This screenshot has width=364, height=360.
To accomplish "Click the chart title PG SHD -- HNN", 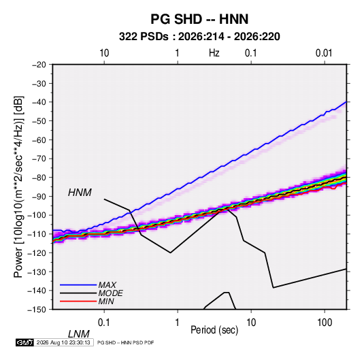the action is pos(199,19).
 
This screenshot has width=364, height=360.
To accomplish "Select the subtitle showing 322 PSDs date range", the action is pos(199,37).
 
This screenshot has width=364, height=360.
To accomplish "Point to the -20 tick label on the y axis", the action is pos(39,65).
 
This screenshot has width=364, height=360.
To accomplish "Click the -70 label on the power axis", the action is pos(39,159).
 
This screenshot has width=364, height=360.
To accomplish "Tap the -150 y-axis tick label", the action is pos(37,310).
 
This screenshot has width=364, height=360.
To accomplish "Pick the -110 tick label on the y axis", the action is pos(37,234).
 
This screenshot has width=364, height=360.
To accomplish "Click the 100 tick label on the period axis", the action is pos(325,323).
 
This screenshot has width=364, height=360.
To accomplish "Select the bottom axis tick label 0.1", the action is pos(104,323).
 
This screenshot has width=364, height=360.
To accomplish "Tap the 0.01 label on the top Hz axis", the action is pos(324,53).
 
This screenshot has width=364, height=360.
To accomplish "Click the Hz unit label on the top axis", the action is pos(214,53).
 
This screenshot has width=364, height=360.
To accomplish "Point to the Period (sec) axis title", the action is pos(214,330).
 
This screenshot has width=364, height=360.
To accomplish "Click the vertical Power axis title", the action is pos(18,187).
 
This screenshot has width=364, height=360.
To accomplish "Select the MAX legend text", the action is pos(107,285).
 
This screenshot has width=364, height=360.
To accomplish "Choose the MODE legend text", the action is pos(110,293).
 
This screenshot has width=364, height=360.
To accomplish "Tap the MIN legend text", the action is pos(106,301).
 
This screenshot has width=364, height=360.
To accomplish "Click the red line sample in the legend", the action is pos(78,301).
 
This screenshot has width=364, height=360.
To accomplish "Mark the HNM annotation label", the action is pos(80,193).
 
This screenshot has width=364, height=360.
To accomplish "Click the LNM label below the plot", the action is pos(78,334).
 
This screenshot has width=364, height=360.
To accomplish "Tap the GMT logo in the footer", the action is pos(25,342).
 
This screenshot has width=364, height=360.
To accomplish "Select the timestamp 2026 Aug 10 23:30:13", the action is pos(63,342).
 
